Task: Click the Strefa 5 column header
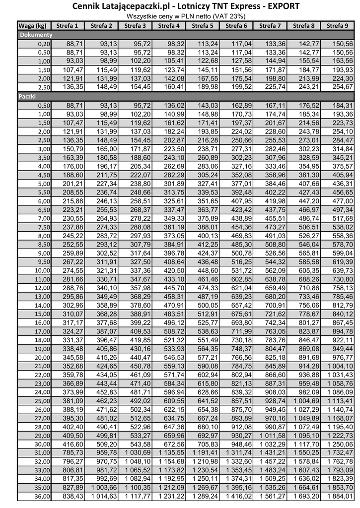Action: click(x=202, y=26)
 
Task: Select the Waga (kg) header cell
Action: click(x=33, y=26)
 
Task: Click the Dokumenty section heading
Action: click(x=36, y=35)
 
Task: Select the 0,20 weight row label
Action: click(x=44, y=44)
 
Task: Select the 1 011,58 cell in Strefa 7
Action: click(x=271, y=436)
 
